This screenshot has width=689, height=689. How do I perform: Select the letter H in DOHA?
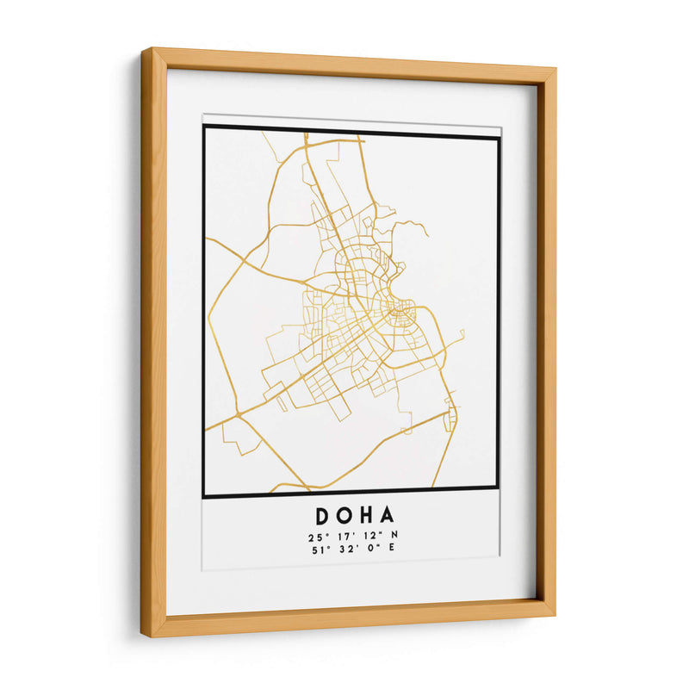pos(365,516)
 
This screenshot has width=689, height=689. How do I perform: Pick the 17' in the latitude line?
pos(342,537)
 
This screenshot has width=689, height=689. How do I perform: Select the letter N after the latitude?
pos(394,537)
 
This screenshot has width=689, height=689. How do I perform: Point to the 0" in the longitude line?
pos(369,552)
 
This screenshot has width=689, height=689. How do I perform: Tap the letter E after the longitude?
pos(392,552)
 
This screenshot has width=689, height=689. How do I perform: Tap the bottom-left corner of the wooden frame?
pos(144,636)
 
